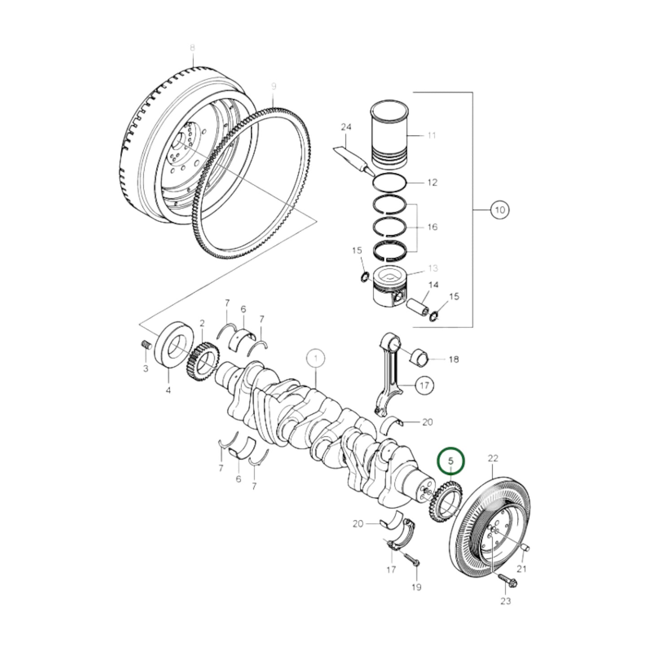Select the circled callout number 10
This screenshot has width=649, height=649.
point(500,209)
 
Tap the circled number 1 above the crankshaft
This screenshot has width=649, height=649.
point(316,358)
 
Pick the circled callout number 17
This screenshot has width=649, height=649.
point(424,385)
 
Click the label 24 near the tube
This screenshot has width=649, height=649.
point(345,128)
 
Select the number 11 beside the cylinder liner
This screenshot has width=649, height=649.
point(431,135)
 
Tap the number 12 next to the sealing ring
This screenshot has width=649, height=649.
point(432,183)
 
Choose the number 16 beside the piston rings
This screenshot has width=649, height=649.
point(432,227)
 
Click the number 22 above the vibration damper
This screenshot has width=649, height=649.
point(493,459)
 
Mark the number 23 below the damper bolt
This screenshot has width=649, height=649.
point(506,601)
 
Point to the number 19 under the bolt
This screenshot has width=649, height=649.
point(416,587)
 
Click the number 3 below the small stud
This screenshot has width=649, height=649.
point(146,369)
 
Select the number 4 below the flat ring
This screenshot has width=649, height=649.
point(168,391)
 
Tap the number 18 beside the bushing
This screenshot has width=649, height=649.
point(454,359)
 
